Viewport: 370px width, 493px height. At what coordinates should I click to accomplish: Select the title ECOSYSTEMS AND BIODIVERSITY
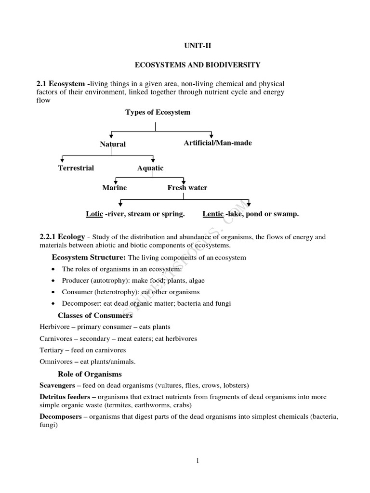pos(197,65)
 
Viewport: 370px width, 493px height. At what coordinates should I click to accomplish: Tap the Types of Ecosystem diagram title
pos(158,112)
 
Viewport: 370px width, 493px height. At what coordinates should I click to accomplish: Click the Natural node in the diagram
pos(113,144)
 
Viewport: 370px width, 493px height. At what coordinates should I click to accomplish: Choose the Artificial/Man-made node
pos(218,143)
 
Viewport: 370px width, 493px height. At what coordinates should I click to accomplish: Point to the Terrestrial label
pos(76,168)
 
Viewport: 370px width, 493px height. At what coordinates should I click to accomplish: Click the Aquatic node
pos(150,168)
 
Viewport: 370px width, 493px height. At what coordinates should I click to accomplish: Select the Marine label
pos(115,188)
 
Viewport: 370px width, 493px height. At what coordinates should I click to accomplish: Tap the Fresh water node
pos(187,188)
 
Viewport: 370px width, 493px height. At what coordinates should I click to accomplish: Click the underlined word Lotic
pos(94,214)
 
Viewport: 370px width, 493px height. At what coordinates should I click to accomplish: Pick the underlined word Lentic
pos(213,214)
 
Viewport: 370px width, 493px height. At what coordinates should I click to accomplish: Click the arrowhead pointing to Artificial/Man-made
pos(211,136)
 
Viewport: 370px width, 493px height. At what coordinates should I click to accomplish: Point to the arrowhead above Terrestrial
pos(62,160)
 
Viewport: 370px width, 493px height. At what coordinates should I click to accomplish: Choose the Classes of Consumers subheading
pos(95,316)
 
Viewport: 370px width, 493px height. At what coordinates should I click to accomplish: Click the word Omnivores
pos(56,362)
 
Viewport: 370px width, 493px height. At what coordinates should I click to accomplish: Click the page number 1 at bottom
pos(198,461)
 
